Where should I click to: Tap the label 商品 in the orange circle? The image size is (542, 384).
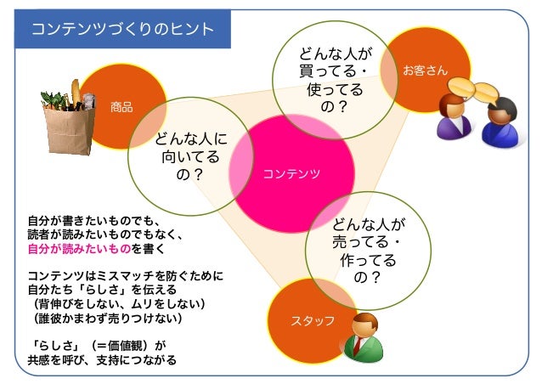point(121,108)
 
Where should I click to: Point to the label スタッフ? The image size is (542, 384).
point(313,320)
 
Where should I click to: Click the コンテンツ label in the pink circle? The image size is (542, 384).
point(291,173)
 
